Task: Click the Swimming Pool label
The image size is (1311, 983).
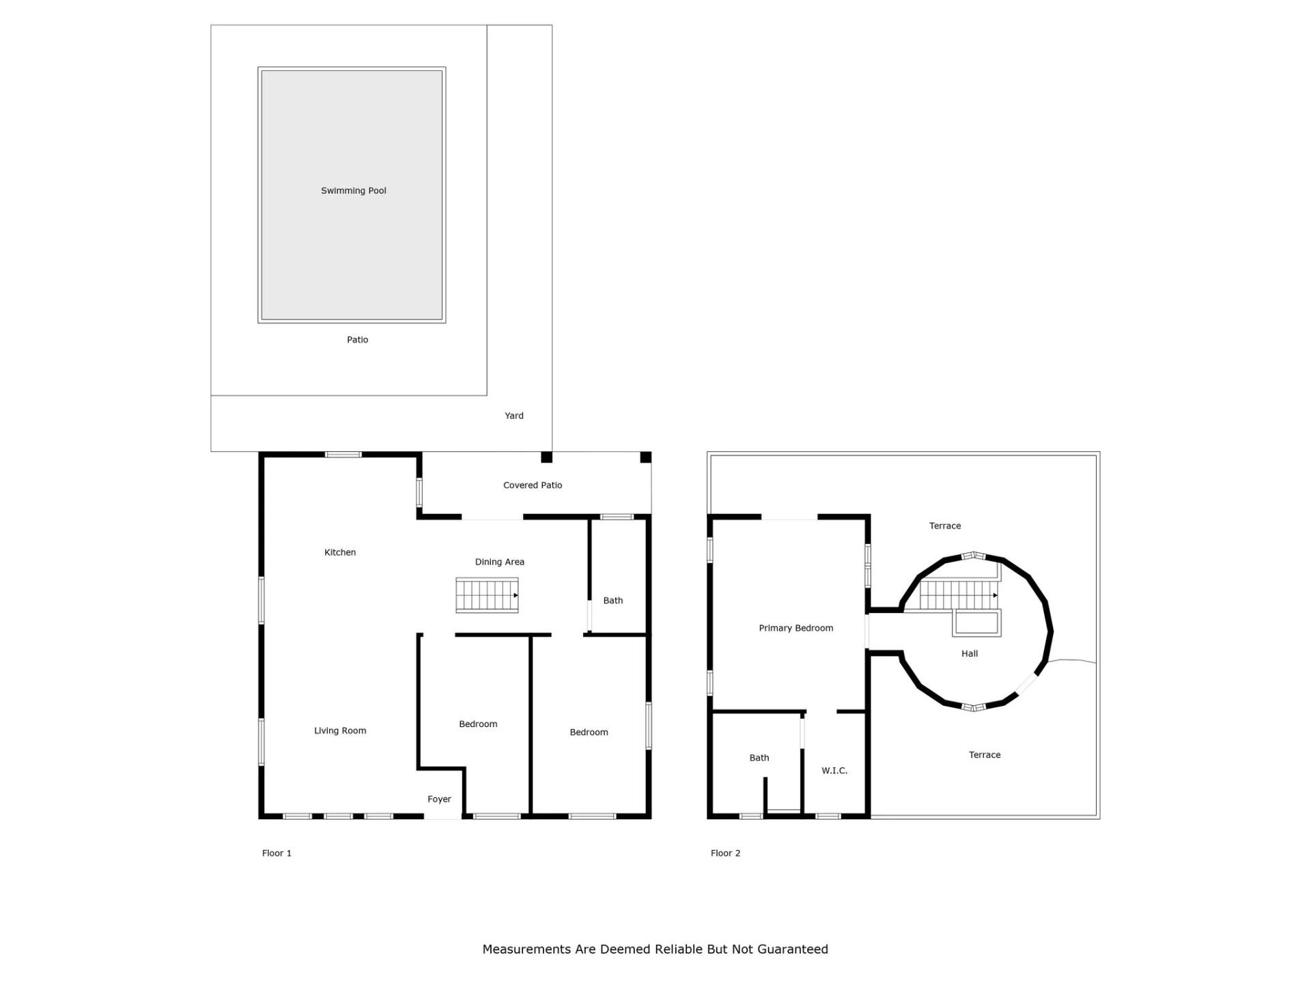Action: (354, 190)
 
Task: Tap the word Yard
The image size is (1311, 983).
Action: (514, 416)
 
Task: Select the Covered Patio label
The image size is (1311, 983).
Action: (533, 485)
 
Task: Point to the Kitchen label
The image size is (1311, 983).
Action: (340, 552)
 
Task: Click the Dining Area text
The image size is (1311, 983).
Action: (500, 562)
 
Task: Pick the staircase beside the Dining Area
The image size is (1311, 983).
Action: (487, 595)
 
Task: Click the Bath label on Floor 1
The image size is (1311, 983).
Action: (613, 601)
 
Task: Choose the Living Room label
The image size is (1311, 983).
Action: (340, 731)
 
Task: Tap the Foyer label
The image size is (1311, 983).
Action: (440, 799)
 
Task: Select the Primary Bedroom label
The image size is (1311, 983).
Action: (796, 628)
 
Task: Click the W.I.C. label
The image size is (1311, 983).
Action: (834, 771)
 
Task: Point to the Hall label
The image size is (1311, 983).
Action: (970, 654)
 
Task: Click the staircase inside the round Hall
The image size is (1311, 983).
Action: (959, 595)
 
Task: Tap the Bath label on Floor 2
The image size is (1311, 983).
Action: (759, 758)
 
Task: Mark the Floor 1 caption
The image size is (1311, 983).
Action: (277, 853)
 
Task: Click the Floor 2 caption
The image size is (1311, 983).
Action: (725, 853)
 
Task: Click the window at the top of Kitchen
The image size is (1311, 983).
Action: (343, 455)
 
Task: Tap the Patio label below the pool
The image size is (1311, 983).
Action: (358, 340)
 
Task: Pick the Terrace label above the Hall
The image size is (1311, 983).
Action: (945, 526)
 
